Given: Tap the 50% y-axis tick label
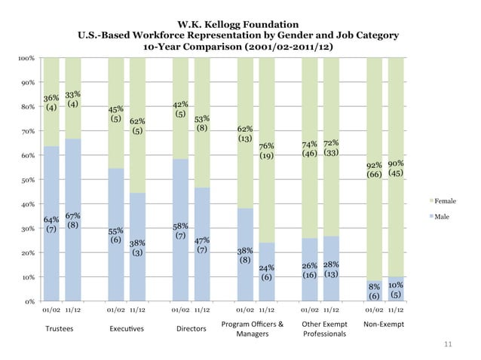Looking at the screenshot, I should pyautogui.click(x=26, y=180).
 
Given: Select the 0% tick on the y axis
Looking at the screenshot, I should pyautogui.click(x=27, y=301).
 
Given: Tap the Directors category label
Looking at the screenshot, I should pyautogui.click(x=191, y=329).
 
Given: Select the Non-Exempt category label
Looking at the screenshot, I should pyautogui.click(x=384, y=325).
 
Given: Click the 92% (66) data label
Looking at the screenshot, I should pyautogui.click(x=374, y=169).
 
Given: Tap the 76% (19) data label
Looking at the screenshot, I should pyautogui.click(x=266, y=151).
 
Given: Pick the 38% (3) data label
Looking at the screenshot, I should pyautogui.click(x=137, y=248).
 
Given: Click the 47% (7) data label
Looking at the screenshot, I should pyautogui.click(x=202, y=245).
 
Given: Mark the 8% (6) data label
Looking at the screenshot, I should pyautogui.click(x=374, y=291).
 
